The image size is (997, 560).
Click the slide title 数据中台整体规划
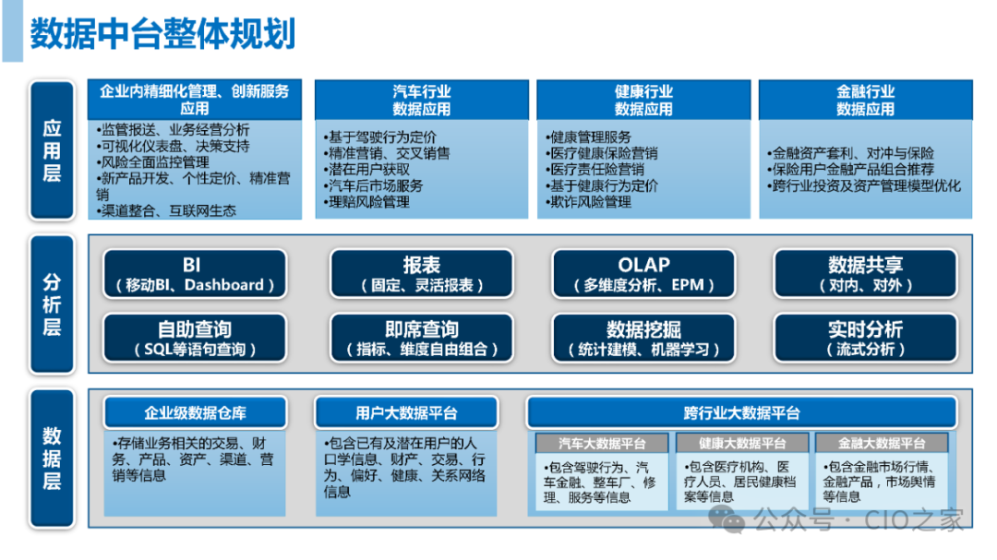(162, 34)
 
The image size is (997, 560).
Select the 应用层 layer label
(52, 151)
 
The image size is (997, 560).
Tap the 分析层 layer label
(52, 304)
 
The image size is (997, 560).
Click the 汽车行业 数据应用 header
(421, 100)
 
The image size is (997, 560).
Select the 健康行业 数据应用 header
(643, 100)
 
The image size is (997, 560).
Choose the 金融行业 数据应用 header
(865, 100)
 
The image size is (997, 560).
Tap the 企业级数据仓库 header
(195, 412)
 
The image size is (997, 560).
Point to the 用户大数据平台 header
(406, 412)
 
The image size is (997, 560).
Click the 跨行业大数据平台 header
(741, 412)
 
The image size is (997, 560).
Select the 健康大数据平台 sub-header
(741, 444)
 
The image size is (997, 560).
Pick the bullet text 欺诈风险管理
(590, 202)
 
